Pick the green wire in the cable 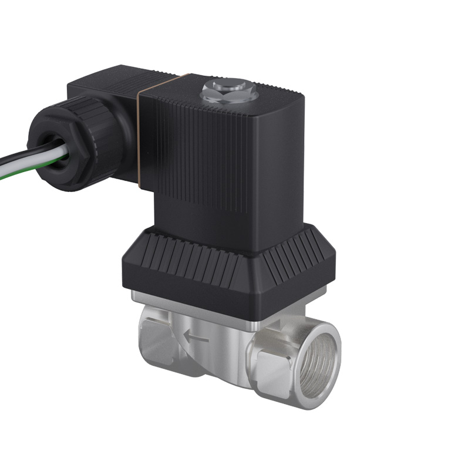click(x=18, y=171)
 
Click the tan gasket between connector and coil click(x=139, y=129)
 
